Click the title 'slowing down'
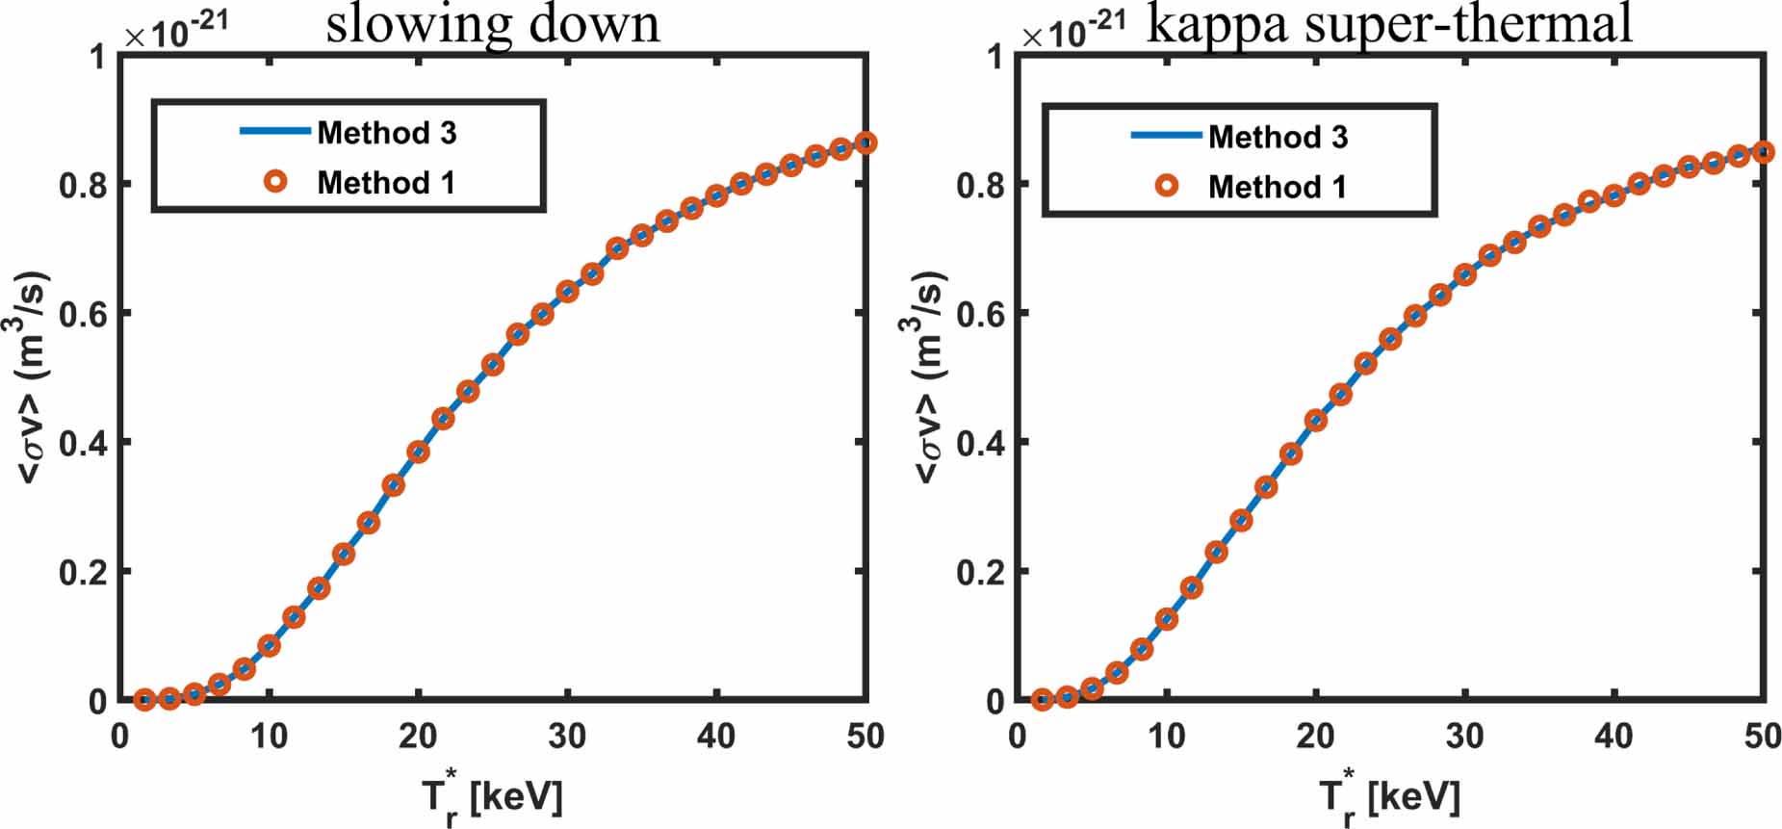click(x=493, y=23)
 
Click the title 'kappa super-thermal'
click(x=1389, y=23)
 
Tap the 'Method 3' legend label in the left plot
click(x=387, y=133)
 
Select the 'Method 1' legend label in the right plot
click(x=1278, y=187)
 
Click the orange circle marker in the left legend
click(x=275, y=181)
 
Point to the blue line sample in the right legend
click(x=1166, y=136)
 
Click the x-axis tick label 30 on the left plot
click(x=567, y=737)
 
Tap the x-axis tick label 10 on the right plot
click(x=1166, y=737)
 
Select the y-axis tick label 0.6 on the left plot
click(x=83, y=314)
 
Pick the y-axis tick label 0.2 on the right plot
click(x=980, y=572)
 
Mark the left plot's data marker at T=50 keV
click(x=865, y=142)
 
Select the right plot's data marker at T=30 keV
click(x=1464, y=275)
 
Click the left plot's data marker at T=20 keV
click(x=418, y=452)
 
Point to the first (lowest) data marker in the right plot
click(x=1042, y=700)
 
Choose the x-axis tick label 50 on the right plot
click(x=1762, y=737)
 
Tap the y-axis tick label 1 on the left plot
click(x=97, y=57)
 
